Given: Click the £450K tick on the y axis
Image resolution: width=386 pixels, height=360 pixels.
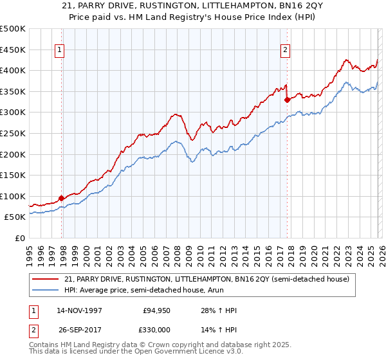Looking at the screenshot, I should [13, 50].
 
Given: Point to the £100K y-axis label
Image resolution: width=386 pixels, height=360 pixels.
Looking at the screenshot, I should [13, 196].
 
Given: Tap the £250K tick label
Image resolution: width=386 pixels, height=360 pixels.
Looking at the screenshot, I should [13, 133].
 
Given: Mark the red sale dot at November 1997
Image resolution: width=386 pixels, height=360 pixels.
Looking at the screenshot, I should [62, 199].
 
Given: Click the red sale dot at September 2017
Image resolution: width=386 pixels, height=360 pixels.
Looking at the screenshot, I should [287, 100].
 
